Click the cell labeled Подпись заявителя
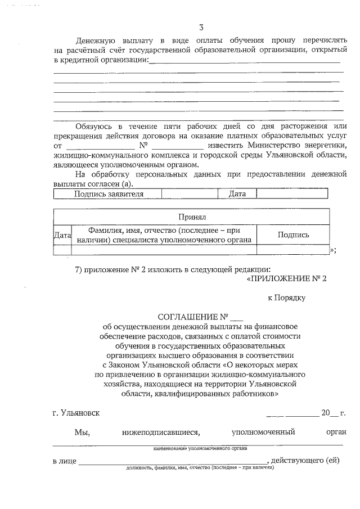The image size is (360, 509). [109, 194]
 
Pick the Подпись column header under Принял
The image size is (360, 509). [293, 235]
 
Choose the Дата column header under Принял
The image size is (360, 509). [62, 235]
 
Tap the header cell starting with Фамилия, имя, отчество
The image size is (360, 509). [164, 235]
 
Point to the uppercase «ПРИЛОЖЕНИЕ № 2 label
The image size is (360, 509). [287, 278]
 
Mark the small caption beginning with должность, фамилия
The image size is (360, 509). [200, 467]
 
